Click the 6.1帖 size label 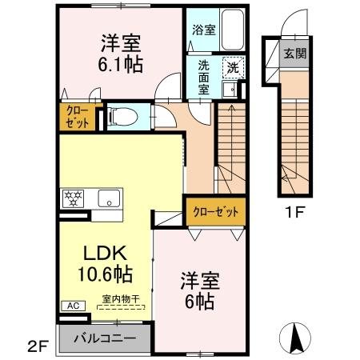click(x=121, y=63)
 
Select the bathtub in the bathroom click(x=230, y=30)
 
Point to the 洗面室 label click(x=204, y=78)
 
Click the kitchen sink click(x=106, y=198)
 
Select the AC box click(x=70, y=305)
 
